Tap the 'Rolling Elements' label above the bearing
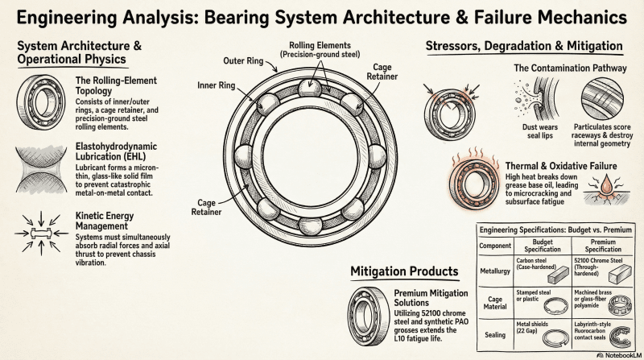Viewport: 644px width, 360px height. point(320,48)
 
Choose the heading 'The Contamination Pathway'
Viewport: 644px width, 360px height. point(571,68)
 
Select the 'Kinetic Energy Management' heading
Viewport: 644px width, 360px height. point(112,222)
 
